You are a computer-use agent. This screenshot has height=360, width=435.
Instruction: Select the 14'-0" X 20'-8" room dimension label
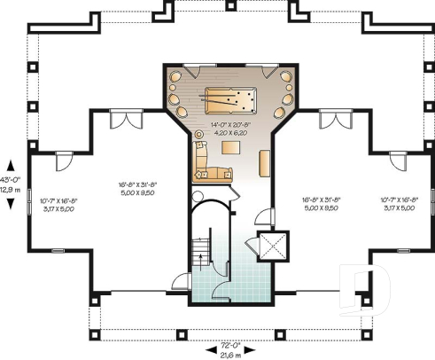click(x=225, y=125)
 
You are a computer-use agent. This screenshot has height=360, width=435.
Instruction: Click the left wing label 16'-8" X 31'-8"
click(x=136, y=185)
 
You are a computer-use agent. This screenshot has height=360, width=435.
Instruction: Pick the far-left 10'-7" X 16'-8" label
click(x=58, y=203)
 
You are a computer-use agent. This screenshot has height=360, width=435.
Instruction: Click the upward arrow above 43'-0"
click(x=10, y=165)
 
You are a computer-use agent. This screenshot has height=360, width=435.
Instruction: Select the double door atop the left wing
click(x=123, y=118)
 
